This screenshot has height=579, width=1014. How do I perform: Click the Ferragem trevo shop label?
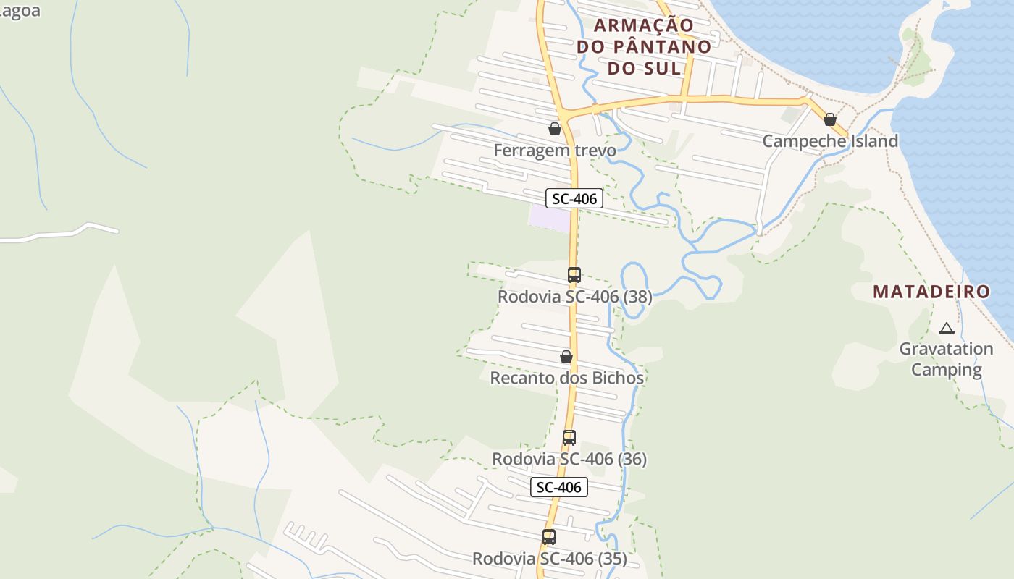click(x=555, y=151)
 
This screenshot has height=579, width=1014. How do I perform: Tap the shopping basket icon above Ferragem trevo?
click(x=555, y=129)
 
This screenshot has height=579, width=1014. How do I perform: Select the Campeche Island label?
click(x=830, y=141)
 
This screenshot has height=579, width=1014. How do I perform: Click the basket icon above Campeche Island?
click(x=830, y=119)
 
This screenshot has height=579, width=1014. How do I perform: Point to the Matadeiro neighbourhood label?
click(x=931, y=292)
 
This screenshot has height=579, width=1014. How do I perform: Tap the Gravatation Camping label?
click(x=946, y=359)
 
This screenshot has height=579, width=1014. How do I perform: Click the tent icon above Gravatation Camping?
click(x=946, y=329)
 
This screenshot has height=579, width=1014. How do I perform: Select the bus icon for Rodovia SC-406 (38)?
click(x=574, y=275)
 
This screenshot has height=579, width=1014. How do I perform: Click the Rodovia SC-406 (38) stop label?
click(x=574, y=297)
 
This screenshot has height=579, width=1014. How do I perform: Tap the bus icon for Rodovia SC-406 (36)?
click(x=569, y=438)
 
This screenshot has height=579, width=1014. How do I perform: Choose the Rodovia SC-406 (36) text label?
click(x=569, y=459)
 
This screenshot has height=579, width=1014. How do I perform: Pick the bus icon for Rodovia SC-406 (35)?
click(x=549, y=537)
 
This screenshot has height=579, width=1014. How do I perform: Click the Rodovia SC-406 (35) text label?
click(x=550, y=559)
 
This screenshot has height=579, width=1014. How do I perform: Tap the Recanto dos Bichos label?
click(x=566, y=378)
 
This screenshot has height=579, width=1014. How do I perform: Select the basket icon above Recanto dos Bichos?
click(x=566, y=357)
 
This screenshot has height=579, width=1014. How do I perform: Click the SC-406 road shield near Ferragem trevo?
click(x=574, y=198)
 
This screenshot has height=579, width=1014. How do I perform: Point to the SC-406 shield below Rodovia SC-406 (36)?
click(x=558, y=487)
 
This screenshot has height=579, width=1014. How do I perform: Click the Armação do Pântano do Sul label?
click(x=644, y=46)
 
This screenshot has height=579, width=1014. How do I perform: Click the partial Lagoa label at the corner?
click(x=20, y=11)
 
